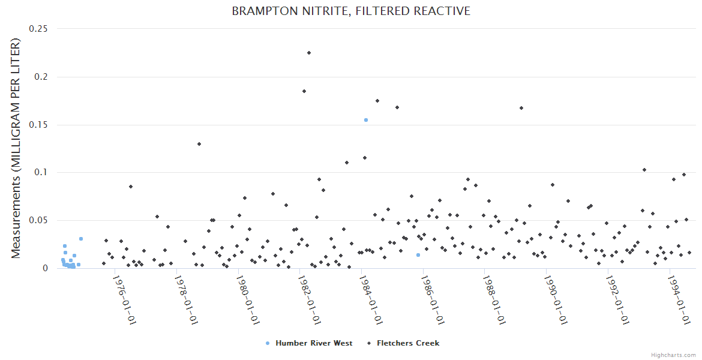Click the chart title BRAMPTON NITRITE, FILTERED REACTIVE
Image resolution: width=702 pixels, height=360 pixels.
pos(351,11)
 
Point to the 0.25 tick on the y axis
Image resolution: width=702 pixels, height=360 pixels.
pos(39,29)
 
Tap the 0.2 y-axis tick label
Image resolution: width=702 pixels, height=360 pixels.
pos(41,77)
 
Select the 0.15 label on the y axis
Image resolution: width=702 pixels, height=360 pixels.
pos(39,125)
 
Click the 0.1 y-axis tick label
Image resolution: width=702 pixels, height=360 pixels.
pos(41,173)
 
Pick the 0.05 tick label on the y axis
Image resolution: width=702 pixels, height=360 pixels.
pos(39,220)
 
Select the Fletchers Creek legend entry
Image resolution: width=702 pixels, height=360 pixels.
pos(407,343)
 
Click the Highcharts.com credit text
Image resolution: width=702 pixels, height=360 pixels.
pos(673,355)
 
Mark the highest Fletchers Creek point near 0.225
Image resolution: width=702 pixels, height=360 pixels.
pos(309,53)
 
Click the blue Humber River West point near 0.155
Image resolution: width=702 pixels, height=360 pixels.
pos(366,120)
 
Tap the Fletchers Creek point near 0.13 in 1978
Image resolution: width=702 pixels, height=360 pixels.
pos(199,144)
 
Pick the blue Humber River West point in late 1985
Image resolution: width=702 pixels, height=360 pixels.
pos(418,255)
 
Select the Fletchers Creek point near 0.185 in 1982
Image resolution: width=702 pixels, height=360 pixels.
pos(304,91)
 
